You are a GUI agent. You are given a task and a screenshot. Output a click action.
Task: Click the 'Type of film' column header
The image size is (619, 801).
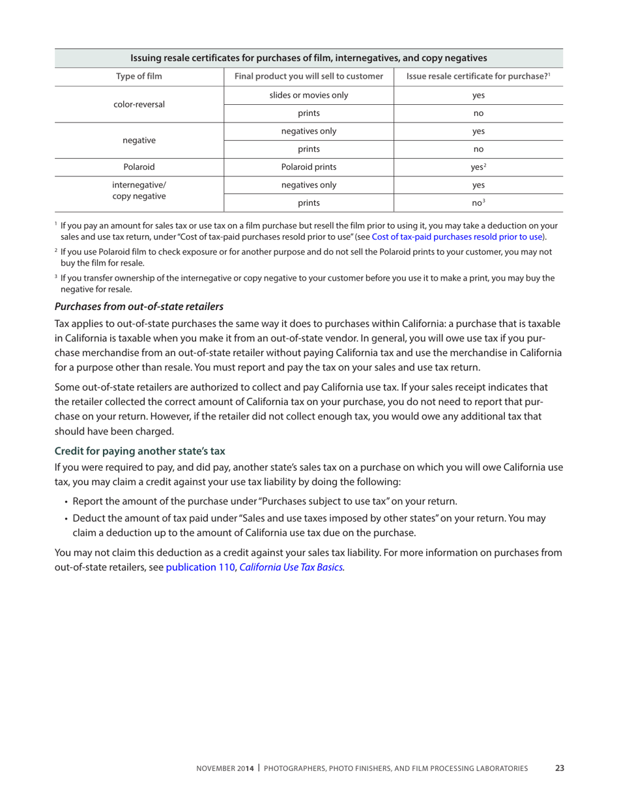(x=139, y=77)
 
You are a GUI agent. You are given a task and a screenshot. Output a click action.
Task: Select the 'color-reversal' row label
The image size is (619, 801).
(x=139, y=104)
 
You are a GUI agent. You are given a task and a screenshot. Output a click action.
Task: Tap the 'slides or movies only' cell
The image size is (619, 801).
(x=309, y=95)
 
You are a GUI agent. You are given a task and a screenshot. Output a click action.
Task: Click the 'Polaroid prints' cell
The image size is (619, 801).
(x=309, y=167)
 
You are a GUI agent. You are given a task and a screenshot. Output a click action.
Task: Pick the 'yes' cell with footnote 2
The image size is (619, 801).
(x=478, y=167)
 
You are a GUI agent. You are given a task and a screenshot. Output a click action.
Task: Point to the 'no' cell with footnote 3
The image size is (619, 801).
(x=478, y=203)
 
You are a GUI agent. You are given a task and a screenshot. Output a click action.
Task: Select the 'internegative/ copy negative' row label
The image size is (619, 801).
(x=139, y=190)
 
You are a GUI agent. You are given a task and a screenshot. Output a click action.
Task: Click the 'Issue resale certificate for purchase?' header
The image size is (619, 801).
(x=478, y=77)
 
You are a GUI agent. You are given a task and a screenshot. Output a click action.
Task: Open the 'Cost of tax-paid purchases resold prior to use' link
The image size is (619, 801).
(x=457, y=236)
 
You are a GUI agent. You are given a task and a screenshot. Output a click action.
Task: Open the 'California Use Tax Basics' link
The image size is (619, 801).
(x=291, y=567)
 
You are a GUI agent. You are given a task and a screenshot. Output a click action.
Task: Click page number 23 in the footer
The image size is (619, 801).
(x=560, y=768)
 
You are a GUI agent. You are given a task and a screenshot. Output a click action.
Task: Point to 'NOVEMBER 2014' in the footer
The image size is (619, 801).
(x=225, y=768)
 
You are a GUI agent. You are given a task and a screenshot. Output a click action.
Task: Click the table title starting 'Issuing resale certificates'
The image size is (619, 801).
(x=309, y=58)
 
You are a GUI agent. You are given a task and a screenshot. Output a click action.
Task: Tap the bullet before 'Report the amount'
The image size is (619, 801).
(x=66, y=502)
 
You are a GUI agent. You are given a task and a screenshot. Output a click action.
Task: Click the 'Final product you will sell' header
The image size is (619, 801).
(x=309, y=77)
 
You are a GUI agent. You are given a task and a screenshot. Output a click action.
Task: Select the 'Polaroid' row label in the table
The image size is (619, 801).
(x=139, y=167)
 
